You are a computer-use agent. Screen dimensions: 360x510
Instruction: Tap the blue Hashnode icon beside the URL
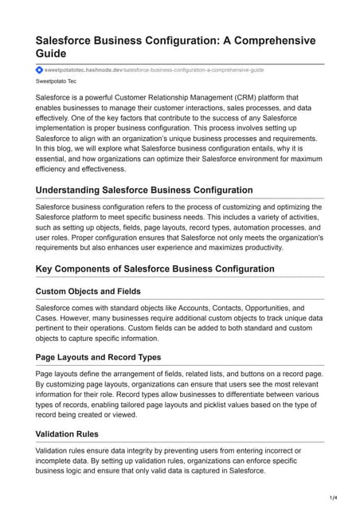point(39,70)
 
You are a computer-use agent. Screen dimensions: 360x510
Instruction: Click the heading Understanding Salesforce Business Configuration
point(144,190)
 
